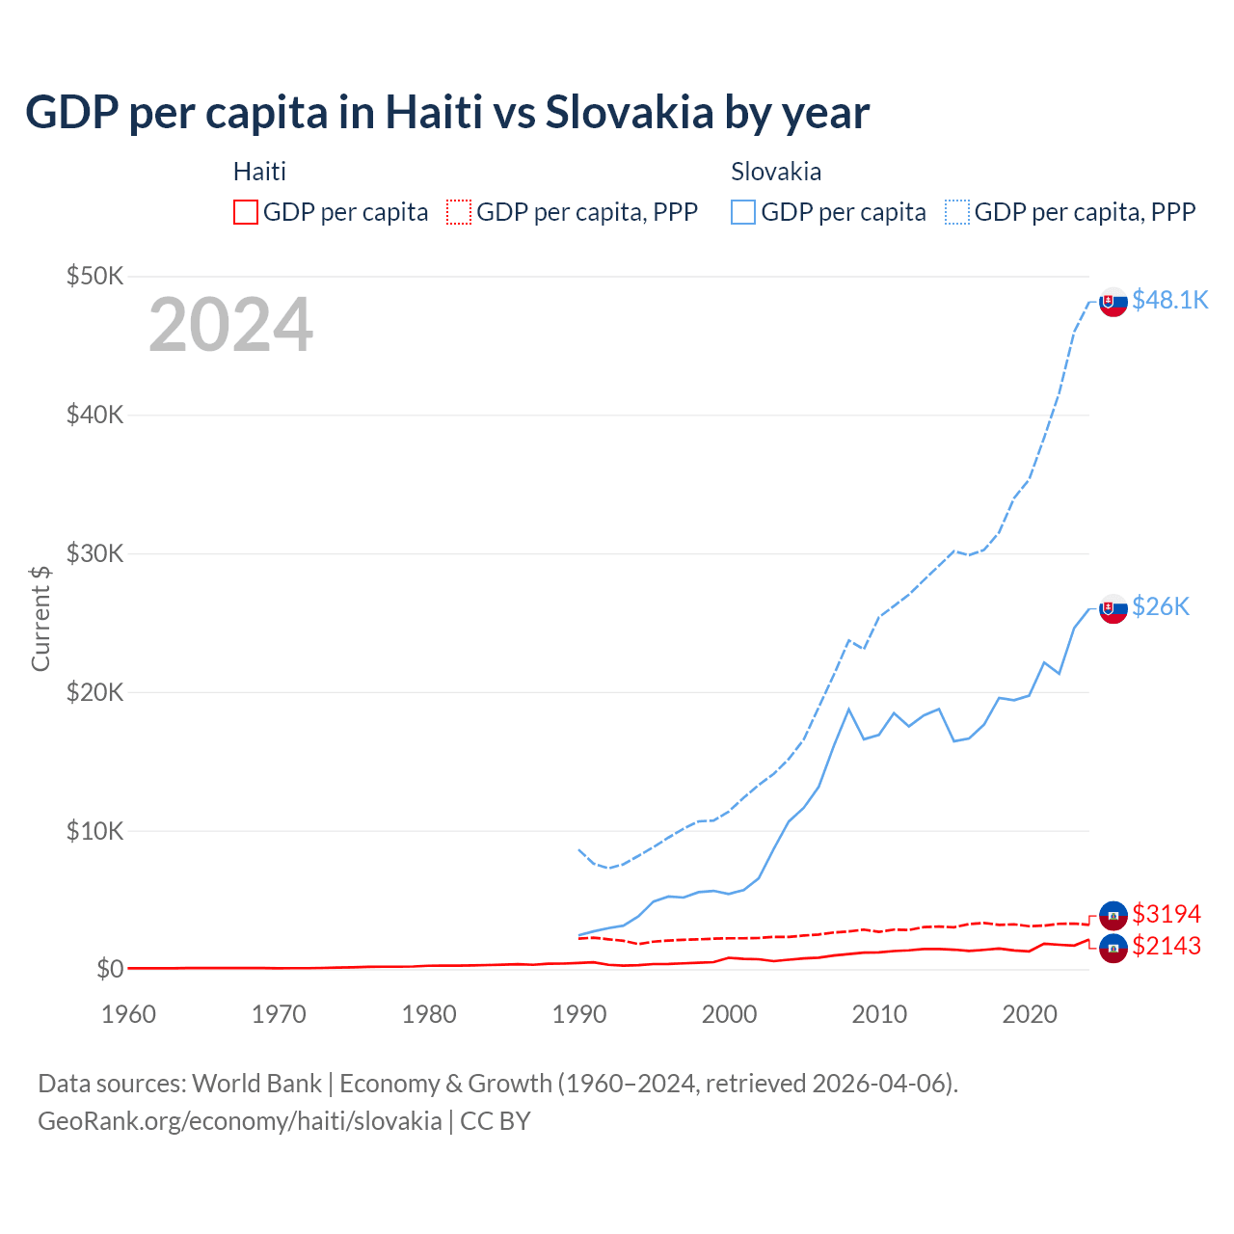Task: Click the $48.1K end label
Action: (x=1169, y=300)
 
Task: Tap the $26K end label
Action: (x=1161, y=606)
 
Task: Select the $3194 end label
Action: (x=1167, y=914)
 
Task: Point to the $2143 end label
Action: (x=1167, y=946)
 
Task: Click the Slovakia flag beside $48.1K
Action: (x=1113, y=302)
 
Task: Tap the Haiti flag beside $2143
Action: (x=1113, y=948)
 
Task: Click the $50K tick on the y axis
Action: (x=94, y=277)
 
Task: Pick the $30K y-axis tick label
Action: (x=94, y=553)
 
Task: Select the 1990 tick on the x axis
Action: (x=579, y=1014)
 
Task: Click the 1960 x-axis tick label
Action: (x=128, y=1014)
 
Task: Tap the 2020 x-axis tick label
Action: (x=1030, y=1014)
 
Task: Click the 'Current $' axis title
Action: (x=40, y=618)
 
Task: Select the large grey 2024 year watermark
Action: (x=230, y=325)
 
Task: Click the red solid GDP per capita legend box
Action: (x=246, y=212)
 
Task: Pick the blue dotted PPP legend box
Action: (x=957, y=212)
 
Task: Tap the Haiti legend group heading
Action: (x=259, y=172)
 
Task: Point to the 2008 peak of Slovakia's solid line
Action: (x=848, y=710)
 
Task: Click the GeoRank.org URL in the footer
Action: (x=239, y=1121)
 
